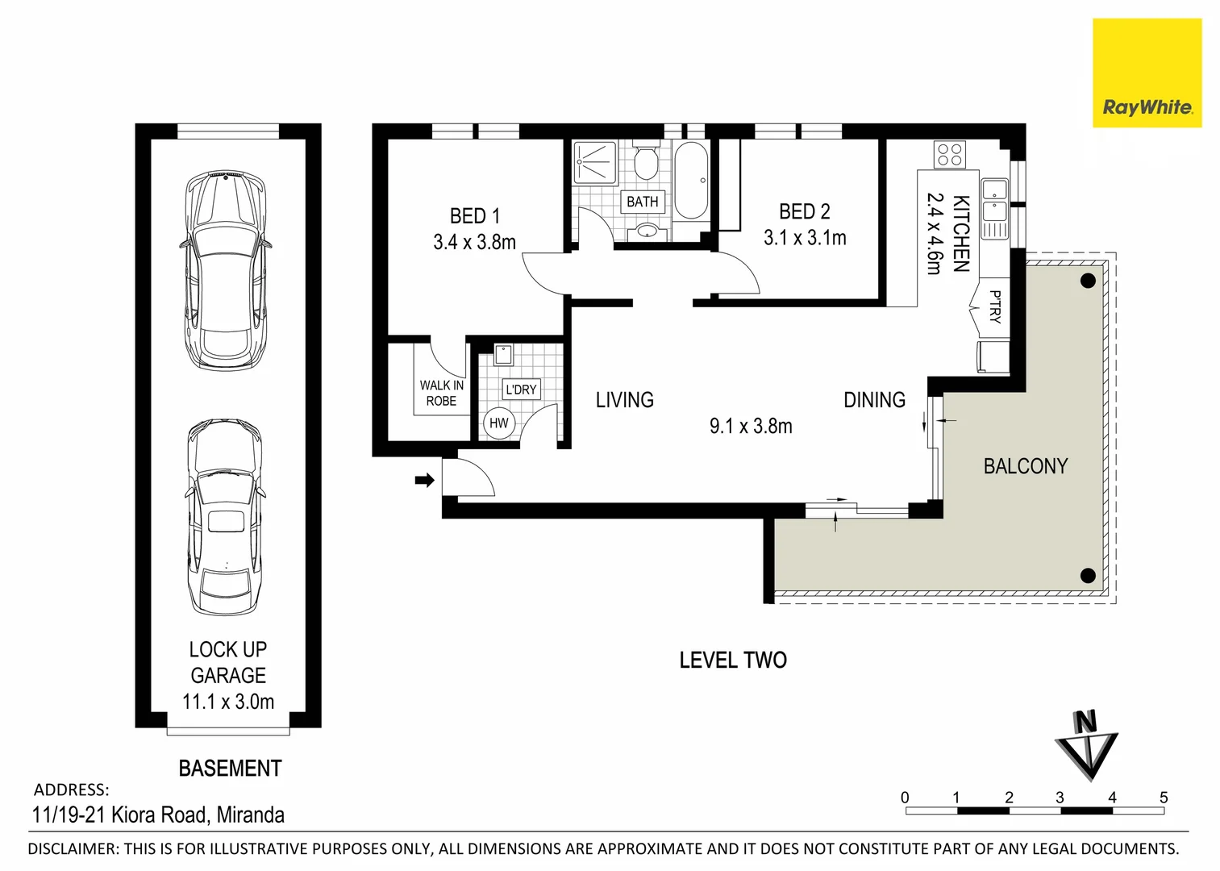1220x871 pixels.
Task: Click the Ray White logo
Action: click(x=1147, y=74)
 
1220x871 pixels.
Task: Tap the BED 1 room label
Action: click(x=474, y=216)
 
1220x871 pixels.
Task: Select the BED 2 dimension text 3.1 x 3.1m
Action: click(x=805, y=238)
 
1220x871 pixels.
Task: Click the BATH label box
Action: click(x=643, y=202)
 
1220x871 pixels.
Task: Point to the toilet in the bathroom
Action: click(x=645, y=164)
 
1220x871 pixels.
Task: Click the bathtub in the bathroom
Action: click(x=691, y=181)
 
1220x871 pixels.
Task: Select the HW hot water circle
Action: click(x=499, y=423)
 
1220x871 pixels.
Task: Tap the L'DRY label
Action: click(x=521, y=390)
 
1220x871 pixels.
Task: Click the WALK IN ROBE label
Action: click(x=441, y=393)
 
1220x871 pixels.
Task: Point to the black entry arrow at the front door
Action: click(x=424, y=481)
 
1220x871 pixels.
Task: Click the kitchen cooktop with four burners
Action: click(x=949, y=154)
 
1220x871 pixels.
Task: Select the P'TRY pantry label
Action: click(x=994, y=307)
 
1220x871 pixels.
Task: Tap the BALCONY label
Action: click(x=1025, y=466)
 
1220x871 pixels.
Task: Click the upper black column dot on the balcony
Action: click(x=1088, y=281)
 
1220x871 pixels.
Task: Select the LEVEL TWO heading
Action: click(x=732, y=661)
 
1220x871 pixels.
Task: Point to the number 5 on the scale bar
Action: click(x=1163, y=798)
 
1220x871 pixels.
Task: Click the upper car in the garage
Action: click(x=224, y=270)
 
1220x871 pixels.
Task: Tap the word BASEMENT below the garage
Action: click(x=230, y=769)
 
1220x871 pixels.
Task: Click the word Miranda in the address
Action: click(x=250, y=815)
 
